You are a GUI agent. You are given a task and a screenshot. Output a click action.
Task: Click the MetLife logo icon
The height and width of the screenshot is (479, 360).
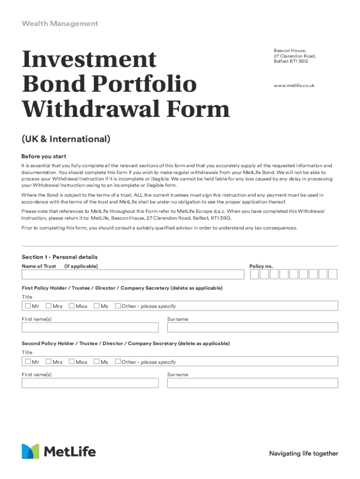30,451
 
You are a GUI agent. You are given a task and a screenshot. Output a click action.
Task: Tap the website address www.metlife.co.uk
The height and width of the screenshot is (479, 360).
294,86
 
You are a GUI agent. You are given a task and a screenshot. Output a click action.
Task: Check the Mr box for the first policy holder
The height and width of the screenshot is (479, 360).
28,306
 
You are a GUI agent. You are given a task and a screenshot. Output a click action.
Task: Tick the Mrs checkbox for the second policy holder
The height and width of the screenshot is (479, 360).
49,362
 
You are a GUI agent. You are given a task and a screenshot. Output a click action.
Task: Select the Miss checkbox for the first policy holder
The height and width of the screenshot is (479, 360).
72,306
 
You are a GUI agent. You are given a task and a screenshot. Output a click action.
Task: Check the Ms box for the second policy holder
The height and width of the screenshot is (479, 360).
96,362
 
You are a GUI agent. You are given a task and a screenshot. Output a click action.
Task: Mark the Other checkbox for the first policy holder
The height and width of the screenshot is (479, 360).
118,306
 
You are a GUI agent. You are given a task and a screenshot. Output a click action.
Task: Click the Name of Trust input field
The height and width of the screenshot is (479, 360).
133,275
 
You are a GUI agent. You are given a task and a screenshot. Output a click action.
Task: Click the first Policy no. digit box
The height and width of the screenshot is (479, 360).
254,275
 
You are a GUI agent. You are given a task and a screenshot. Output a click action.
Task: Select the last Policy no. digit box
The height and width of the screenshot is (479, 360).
333,275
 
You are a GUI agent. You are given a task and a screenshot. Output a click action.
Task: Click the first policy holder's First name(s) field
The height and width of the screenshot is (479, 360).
90,327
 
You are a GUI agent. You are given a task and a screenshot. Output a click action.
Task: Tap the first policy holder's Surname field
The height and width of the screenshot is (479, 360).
252,327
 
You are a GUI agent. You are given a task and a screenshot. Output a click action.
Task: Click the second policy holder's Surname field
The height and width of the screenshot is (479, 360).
252,383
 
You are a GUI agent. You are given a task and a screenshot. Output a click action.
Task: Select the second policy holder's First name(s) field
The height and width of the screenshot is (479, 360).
90,383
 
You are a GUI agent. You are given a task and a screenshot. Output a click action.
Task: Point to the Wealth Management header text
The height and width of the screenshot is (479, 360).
60,23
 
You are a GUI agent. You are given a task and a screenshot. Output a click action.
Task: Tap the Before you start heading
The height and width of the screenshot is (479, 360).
44,156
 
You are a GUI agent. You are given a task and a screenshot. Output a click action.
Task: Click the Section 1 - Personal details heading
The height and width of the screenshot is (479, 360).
59,257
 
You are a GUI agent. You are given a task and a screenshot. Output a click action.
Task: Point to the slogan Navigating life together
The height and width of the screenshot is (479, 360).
303,453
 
